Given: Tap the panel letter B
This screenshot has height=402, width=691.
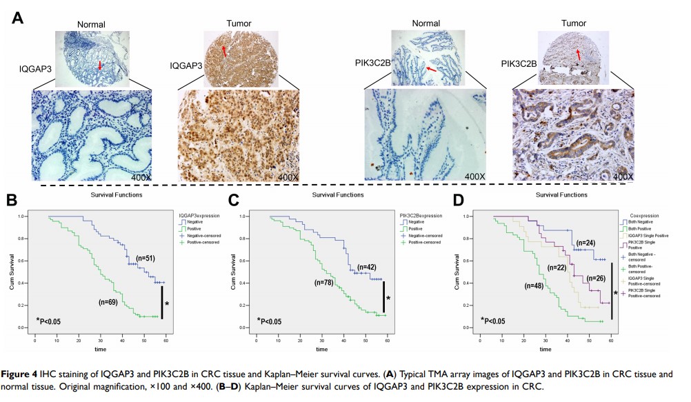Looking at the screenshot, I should (11, 201).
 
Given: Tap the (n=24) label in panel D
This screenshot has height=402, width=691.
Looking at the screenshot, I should (585, 243).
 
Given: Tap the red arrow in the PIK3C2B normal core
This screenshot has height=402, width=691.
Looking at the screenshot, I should (431, 69).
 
